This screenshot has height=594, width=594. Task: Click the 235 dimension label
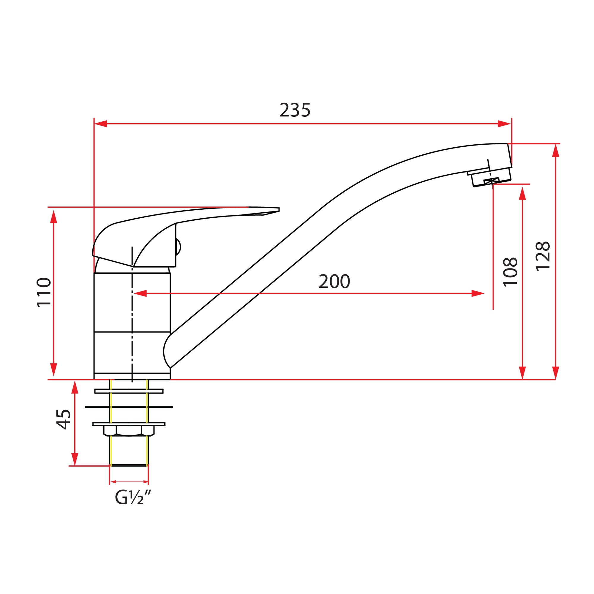coord(295,110)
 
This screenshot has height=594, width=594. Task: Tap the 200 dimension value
coord(334,281)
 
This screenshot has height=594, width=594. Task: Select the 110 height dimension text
coord(44,292)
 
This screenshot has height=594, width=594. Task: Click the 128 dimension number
coord(543,256)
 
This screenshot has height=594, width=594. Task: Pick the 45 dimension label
coord(64,419)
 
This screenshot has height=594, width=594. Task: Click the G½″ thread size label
coord(133,497)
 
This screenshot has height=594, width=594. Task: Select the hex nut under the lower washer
coord(129,430)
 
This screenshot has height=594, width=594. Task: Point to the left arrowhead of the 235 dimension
coord(101,124)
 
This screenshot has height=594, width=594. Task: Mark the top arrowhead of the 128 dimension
coord(556,150)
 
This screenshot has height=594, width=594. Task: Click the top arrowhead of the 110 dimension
coord(54,217)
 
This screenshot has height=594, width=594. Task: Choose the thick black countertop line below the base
coord(129,407)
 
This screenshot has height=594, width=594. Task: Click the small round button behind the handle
coord(178,247)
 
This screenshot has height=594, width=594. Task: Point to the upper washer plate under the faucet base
coord(129,391)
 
